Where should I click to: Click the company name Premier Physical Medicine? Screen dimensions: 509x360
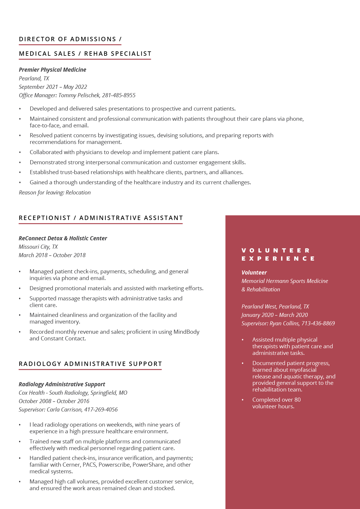pyautogui.click(x=52, y=70)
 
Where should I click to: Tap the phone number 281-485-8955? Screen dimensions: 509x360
pyautogui.click(x=119, y=95)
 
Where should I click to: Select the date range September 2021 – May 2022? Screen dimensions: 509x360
pyautogui.click(x=53, y=87)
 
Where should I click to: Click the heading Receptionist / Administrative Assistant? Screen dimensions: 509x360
pyautogui.click(x=101, y=218)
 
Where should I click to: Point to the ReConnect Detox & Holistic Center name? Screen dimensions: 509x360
pyautogui.click(x=63, y=238)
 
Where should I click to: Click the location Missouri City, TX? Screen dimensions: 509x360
pyautogui.click(x=38, y=247)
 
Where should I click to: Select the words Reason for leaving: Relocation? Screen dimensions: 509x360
pyautogui.click(x=55, y=192)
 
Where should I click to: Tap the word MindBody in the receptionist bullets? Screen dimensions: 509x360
pyautogui.click(x=186, y=332)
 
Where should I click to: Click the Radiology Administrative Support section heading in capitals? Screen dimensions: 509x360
pyautogui.click(x=90, y=364)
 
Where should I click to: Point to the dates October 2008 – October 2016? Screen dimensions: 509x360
pyautogui.click(x=54, y=401)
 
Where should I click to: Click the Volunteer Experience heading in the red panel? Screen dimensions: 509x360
pyautogui.click(x=278, y=255)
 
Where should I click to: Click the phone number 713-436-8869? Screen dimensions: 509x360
pyautogui.click(x=318, y=323)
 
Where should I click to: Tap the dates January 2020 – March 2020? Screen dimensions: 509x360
pyautogui.click(x=274, y=315)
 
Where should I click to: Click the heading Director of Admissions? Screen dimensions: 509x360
pyautogui.click(x=67, y=39)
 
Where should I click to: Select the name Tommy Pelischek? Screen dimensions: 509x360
pyautogui.click(x=79, y=95)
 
